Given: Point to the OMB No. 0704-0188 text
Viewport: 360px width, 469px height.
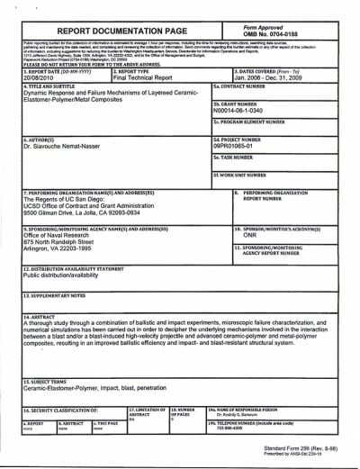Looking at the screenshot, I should coord(286,35).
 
